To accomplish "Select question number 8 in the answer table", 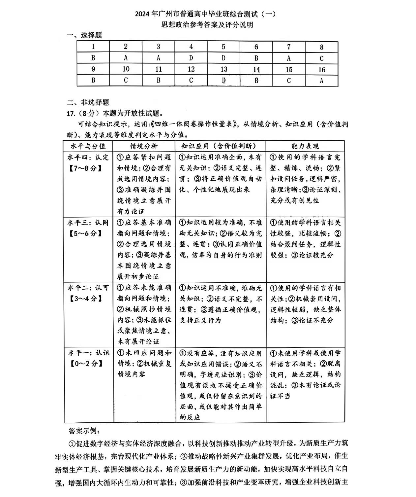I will point(321,47).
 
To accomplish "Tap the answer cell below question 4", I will point(191,58).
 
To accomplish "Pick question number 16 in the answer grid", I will point(321,69).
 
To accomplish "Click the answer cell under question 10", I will point(126,80).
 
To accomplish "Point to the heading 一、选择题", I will point(84,35).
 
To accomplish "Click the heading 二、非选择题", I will point(88,102).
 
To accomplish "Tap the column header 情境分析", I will point(144,146).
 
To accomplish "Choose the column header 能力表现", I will point(305,146).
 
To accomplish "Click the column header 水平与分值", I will point(88,146).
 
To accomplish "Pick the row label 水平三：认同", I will point(88,223).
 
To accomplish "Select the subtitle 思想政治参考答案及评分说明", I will point(207,25).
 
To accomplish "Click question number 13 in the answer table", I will point(223,69).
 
